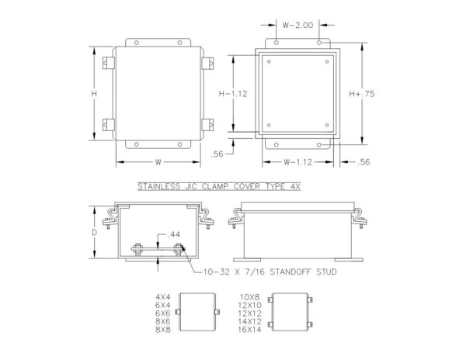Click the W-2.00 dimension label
pos(297,26)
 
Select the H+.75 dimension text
pos(362,94)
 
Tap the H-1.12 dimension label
pos(233,94)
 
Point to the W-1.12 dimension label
pos(297,162)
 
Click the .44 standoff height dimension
pos(173,234)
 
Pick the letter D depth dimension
pos(94,233)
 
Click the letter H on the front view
pos(94,94)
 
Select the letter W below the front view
pos(158,162)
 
